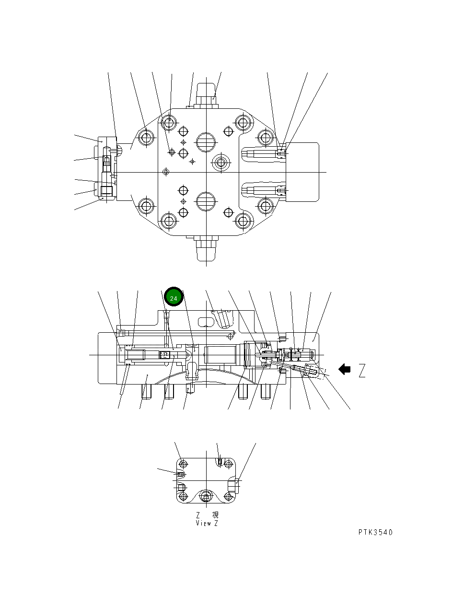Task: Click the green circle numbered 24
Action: pos(174,298)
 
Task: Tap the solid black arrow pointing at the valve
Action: pos(344,369)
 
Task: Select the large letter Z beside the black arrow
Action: pos(362,371)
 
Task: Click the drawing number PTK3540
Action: pos(375,532)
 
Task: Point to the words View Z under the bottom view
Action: pos(207,523)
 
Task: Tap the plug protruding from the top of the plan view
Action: pos(206,94)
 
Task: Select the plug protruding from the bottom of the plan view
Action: pos(206,248)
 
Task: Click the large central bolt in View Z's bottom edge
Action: pos(206,496)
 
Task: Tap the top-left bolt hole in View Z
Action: pos(183,464)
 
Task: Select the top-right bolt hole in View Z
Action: pos(229,464)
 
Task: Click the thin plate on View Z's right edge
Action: pos(232,485)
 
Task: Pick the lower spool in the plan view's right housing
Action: pos(262,190)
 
